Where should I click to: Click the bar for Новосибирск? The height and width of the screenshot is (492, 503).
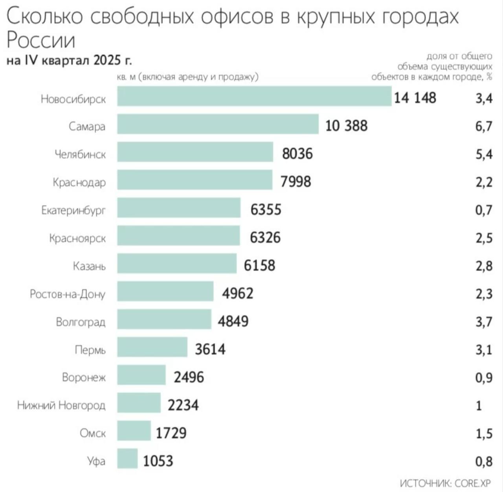click(254, 96)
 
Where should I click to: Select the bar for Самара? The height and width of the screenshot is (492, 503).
click(218, 124)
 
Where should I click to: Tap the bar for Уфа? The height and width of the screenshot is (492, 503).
click(127, 459)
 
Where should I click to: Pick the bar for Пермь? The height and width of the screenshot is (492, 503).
click(152, 347)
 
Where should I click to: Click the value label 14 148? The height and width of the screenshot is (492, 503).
click(415, 97)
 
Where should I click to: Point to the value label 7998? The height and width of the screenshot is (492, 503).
click(296, 182)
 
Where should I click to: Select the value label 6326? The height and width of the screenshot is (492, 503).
click(265, 237)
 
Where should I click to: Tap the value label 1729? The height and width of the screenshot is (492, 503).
click(171, 433)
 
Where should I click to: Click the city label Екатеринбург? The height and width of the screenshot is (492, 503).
click(73, 210)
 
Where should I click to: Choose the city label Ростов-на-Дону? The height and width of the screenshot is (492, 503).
click(68, 294)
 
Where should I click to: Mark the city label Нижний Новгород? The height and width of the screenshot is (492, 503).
click(61, 405)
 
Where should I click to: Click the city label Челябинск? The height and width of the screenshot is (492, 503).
click(80, 154)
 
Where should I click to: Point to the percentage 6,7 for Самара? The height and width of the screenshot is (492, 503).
click(483, 126)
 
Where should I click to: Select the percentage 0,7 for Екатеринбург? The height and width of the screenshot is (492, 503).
click(483, 210)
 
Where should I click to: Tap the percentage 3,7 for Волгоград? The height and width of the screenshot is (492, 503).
click(483, 322)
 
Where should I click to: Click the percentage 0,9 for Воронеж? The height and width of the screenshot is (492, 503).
click(483, 378)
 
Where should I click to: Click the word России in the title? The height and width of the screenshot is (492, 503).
click(41, 40)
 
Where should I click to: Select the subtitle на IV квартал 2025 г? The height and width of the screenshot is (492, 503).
click(69, 61)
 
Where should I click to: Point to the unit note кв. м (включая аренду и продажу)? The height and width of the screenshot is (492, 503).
click(188, 77)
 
